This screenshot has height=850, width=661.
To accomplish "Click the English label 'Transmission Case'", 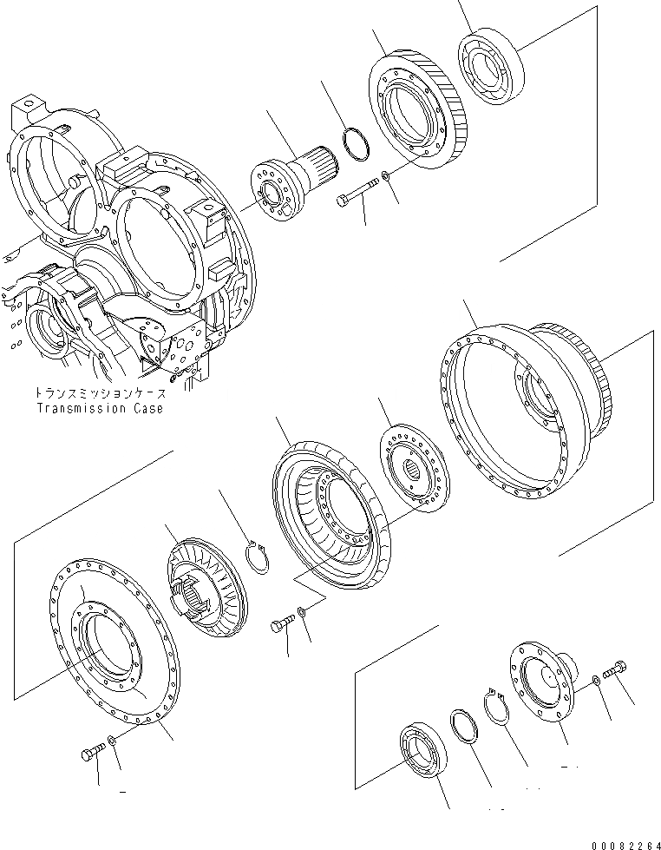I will (x=99, y=408).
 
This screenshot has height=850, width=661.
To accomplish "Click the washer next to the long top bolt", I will (x=386, y=178).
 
